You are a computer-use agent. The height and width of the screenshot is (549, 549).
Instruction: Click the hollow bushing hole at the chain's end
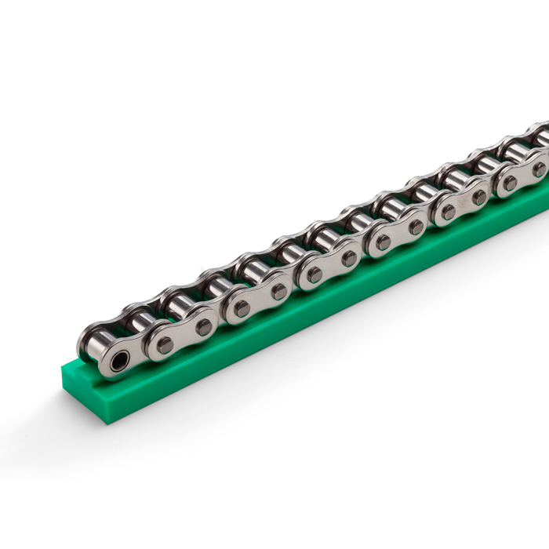119,362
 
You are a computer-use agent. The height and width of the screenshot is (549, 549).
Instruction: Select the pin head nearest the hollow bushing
165,344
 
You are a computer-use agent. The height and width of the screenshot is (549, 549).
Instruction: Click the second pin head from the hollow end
203,327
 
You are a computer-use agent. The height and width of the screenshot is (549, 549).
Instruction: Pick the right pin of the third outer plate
349,258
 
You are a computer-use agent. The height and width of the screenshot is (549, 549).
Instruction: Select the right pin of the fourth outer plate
416,227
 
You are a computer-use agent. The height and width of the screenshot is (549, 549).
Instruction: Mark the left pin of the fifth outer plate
448,212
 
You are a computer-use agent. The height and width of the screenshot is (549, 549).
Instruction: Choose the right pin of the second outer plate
278,292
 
